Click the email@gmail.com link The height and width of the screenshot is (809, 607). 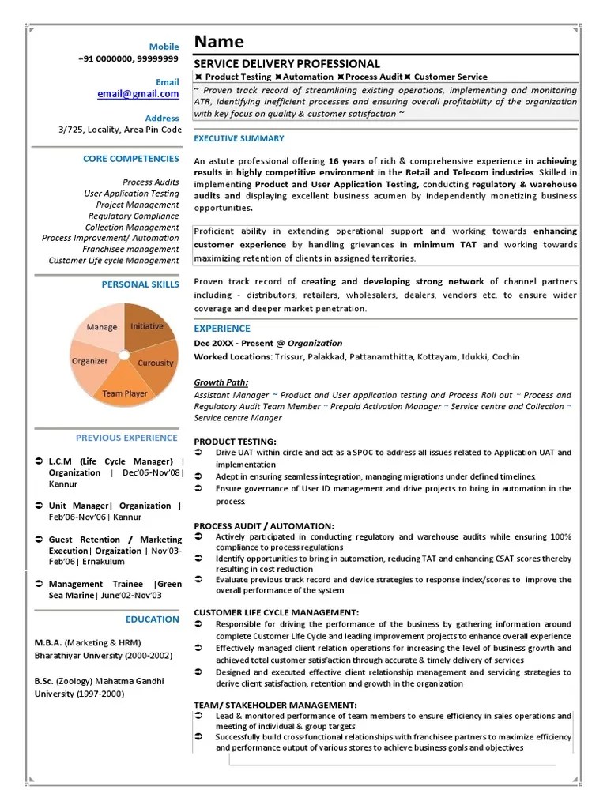point(138,94)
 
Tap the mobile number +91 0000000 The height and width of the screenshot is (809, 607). point(106,59)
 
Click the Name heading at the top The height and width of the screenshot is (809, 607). point(219,42)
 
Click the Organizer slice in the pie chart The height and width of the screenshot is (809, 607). point(90,361)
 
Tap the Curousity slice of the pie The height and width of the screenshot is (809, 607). point(156,363)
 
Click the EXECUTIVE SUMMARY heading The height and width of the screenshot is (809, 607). point(239,139)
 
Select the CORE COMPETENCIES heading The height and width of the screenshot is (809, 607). point(130,159)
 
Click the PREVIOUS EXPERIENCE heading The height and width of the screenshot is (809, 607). point(126,438)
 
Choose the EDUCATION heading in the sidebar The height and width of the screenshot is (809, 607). point(152,619)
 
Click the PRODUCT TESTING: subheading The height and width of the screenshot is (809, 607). point(235,442)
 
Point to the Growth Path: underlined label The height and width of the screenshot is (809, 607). point(221,383)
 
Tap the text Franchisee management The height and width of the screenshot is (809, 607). point(130,249)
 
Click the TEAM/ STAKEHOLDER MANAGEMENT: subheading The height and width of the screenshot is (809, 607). point(275,705)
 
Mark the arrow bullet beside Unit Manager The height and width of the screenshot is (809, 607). point(40,506)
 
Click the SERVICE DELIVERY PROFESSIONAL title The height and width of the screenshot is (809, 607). point(287,63)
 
